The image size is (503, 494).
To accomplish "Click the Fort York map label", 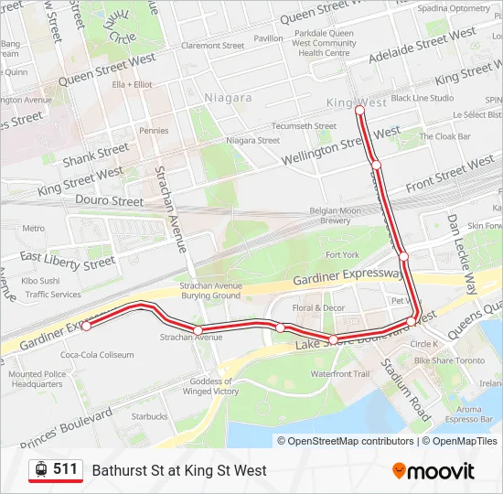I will tap(342, 254).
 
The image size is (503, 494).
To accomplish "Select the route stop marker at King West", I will tap(359, 110).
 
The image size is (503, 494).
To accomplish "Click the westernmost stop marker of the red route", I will tap(86, 326).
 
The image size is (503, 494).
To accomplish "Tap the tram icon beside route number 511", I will tap(40, 470).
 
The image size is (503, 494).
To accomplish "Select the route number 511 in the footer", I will tap(65, 469).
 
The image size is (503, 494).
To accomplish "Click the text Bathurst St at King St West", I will tap(179, 470).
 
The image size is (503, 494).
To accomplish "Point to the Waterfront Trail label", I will tap(339, 374).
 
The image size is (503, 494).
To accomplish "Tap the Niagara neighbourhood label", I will tap(228, 98).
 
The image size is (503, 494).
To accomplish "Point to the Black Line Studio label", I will tap(422, 98).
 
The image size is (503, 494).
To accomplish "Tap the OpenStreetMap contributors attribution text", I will tap(346, 441).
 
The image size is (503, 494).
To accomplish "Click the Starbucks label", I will tap(149, 416).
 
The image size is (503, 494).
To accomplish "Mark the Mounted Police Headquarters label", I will tap(37, 380).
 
